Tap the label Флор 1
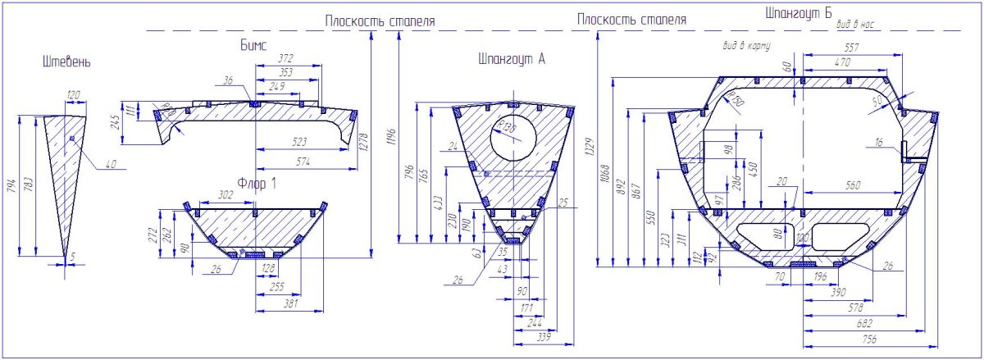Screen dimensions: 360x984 [257, 183]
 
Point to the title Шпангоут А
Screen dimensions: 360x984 [511, 59]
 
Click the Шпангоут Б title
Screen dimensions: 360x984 [798, 14]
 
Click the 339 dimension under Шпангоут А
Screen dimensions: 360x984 [540, 337]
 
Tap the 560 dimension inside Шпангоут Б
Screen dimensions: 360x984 [853, 186]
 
